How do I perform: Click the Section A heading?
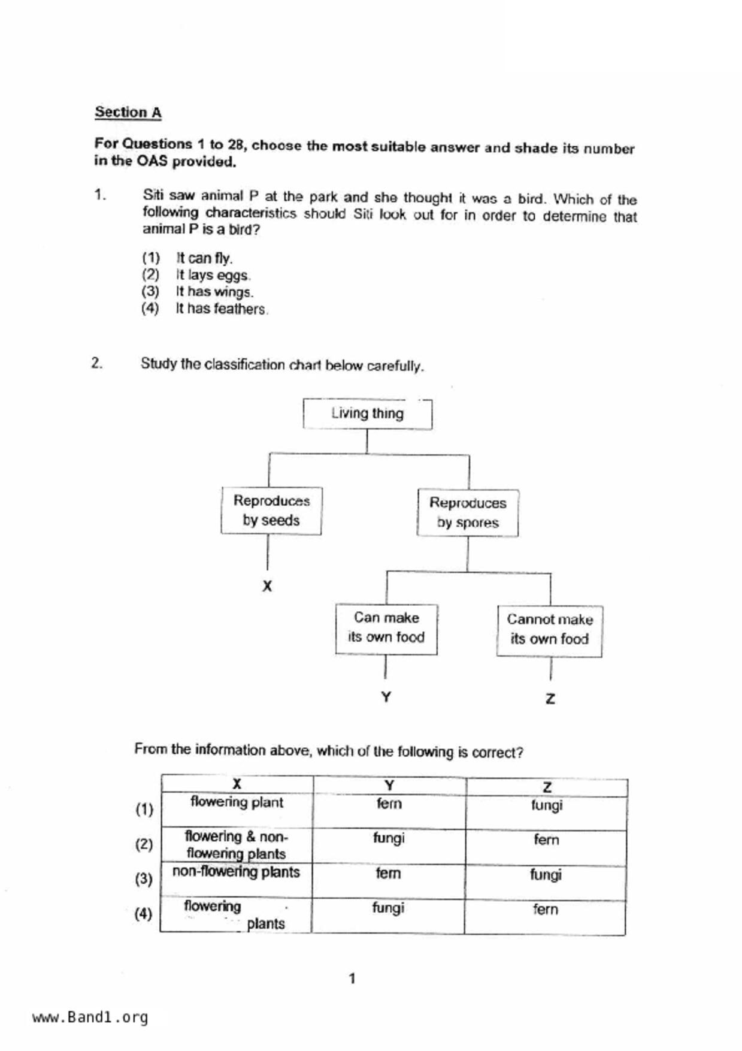click(128, 112)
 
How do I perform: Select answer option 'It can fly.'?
click(204, 258)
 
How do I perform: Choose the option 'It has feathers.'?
click(220, 309)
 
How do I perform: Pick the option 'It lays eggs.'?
click(212, 275)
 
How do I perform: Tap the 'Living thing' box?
click(367, 413)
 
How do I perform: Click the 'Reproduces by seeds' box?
click(271, 511)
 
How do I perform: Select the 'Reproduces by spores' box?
click(468, 512)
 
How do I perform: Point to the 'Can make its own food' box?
click(386, 628)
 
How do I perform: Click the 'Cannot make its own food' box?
click(549, 630)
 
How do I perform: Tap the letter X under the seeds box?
click(267, 586)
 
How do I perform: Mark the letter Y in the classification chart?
click(386, 697)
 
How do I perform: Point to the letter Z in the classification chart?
click(550, 699)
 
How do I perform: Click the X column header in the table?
click(237, 784)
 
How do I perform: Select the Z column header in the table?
click(547, 787)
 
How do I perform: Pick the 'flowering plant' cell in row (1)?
click(237, 802)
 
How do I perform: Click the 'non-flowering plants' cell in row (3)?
click(236, 872)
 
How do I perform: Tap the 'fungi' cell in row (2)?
click(389, 838)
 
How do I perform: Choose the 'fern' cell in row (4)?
click(545, 910)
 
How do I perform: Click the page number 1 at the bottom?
click(352, 978)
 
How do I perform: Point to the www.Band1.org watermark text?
click(90, 1017)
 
